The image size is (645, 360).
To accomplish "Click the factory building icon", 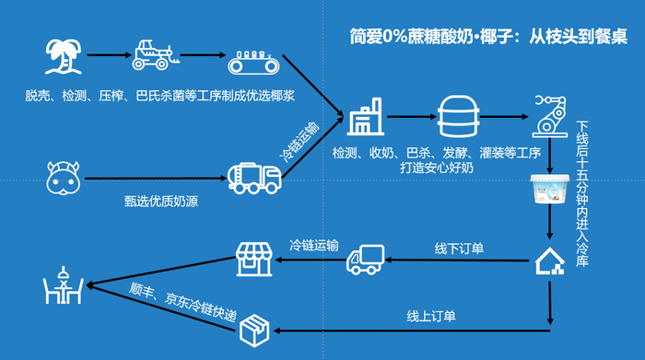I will tap(365, 118).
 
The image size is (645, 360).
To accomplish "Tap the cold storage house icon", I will tap(550, 262).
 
